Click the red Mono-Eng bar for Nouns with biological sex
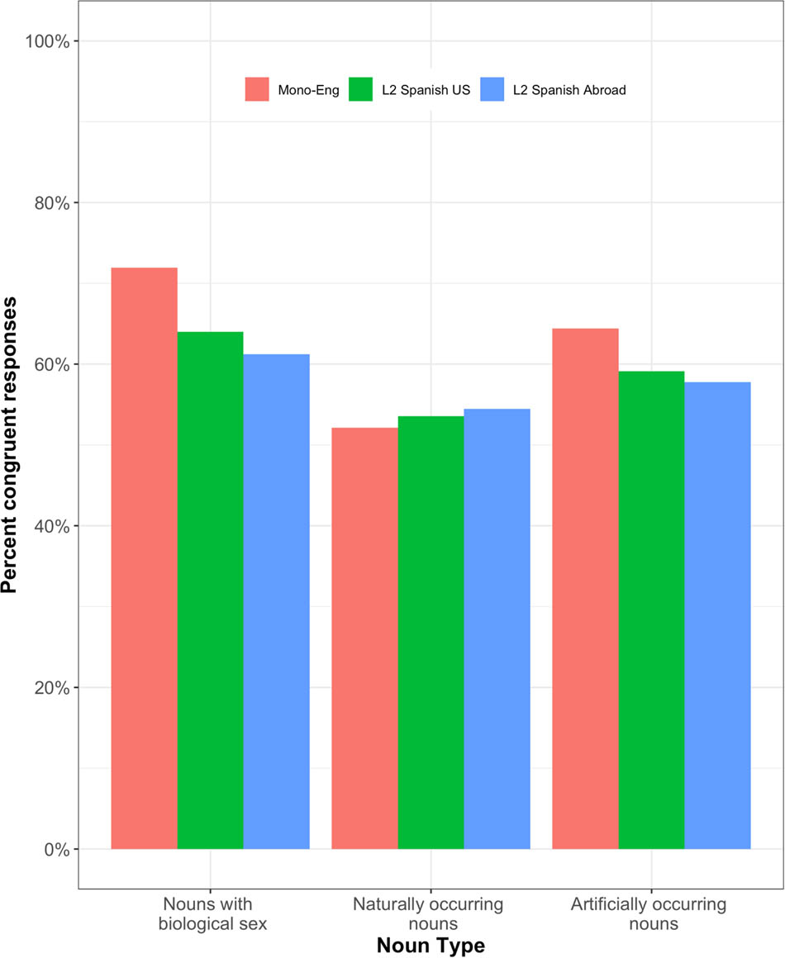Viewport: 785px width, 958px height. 144,558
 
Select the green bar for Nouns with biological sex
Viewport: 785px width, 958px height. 210,590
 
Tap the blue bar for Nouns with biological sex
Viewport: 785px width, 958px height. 276,601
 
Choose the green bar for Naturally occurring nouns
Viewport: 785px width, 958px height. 431,633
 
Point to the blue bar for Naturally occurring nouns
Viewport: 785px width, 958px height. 497,628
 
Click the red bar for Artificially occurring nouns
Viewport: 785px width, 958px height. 585,589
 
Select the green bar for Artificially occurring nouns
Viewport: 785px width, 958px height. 651,610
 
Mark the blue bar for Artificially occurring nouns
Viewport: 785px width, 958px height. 717,615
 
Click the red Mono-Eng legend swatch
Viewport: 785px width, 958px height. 258,90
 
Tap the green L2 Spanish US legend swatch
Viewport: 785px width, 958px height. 362,90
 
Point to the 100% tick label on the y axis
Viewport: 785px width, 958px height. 47,41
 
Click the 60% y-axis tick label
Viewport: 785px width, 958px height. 51,364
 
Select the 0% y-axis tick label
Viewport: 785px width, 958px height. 55,849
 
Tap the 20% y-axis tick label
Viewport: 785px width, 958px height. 51,688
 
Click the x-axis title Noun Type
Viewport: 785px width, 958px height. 430,945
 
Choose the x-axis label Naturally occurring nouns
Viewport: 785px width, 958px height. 429,913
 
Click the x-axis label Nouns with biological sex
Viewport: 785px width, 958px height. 213,913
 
